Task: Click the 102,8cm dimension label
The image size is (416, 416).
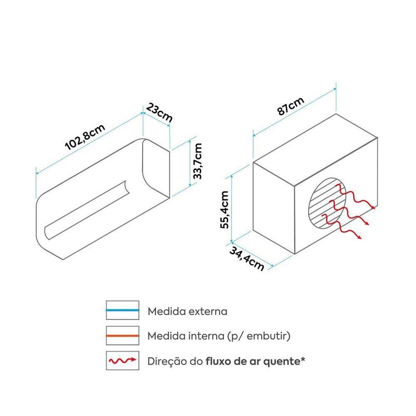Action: tap(85, 137)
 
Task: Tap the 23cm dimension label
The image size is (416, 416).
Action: tap(159, 113)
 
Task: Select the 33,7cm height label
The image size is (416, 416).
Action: tap(198, 161)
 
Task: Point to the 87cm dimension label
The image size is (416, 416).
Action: tap(291, 106)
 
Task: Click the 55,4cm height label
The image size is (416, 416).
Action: tap(224, 210)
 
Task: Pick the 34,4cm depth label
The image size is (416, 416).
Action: tap(246, 259)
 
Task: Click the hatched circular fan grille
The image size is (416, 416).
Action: tap(327, 203)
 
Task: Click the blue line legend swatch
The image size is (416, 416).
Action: tap(123, 310)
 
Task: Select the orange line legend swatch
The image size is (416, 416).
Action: tap(123, 335)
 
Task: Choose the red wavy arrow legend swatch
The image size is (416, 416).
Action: tap(123, 360)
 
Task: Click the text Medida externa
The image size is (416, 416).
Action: tap(187, 311)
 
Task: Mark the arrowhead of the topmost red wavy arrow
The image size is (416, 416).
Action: tap(374, 207)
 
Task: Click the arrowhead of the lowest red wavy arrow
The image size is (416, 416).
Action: tap(360, 238)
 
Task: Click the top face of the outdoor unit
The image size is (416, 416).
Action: tap(315, 150)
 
